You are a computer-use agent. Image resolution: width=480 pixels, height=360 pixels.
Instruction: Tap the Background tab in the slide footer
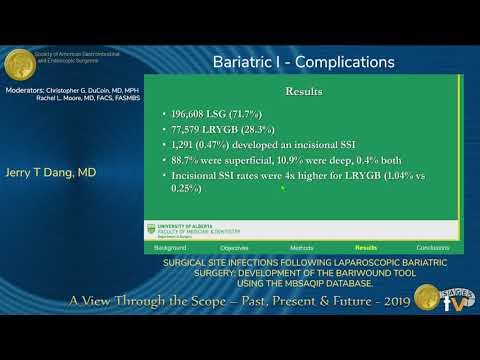(x=170, y=246)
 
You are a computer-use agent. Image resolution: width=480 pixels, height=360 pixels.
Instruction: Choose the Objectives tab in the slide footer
(x=234, y=246)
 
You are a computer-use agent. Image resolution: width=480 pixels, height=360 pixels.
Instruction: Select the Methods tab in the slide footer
(x=301, y=246)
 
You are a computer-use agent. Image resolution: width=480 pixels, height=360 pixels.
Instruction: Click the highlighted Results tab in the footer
(x=366, y=246)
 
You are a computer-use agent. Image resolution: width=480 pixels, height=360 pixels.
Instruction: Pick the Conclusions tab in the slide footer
(x=432, y=246)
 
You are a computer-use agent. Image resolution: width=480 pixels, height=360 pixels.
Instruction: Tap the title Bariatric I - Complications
(x=303, y=62)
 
